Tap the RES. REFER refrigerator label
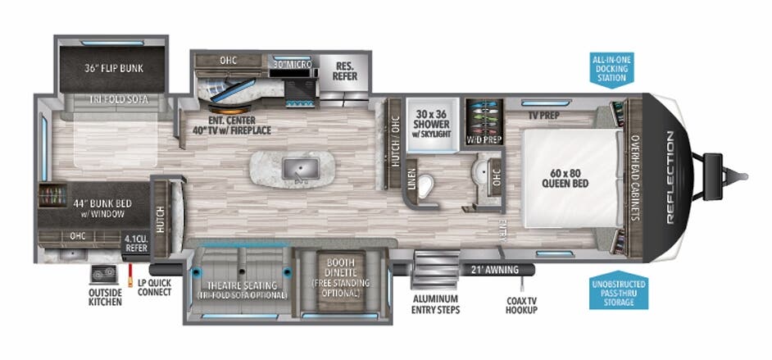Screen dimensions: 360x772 click(x=344, y=71)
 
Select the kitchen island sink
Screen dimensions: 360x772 click(x=294, y=168)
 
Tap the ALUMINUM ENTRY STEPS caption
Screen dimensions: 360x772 click(x=435, y=304)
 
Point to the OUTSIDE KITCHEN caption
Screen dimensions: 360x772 click(x=105, y=298)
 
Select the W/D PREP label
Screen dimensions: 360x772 click(x=484, y=139)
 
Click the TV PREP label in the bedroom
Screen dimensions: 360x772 click(x=543, y=115)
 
